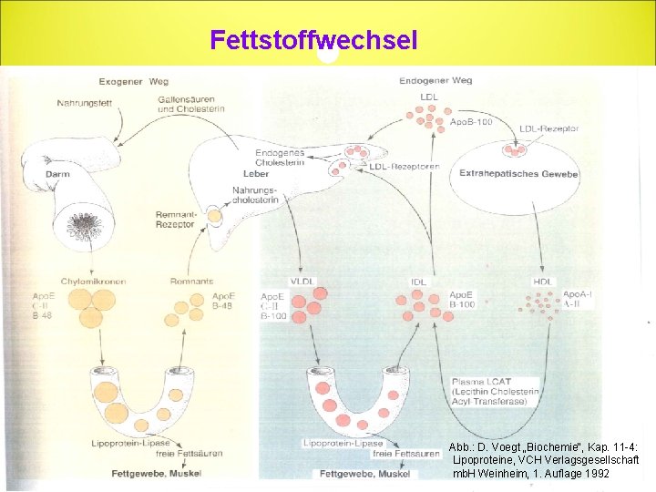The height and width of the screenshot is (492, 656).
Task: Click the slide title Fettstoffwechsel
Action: pos(313,40)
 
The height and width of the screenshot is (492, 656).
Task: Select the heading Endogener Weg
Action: pos(435,81)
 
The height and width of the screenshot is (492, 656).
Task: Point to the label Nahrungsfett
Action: pos(84,103)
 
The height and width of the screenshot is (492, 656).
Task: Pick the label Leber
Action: pos(256,173)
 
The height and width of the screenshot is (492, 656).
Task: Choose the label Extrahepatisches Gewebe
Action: pos(518,173)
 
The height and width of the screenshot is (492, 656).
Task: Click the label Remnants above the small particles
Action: pos(191,282)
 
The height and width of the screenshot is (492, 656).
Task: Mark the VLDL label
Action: pos(301,282)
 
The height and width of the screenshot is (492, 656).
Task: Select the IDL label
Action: pos(418,282)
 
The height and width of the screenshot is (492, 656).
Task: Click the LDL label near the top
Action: pos(428,96)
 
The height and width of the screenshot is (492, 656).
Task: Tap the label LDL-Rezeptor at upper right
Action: pos(548,128)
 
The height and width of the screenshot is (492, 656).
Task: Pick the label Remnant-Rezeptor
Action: pos(175,219)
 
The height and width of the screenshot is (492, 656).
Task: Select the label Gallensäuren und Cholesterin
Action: pos(191,104)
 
